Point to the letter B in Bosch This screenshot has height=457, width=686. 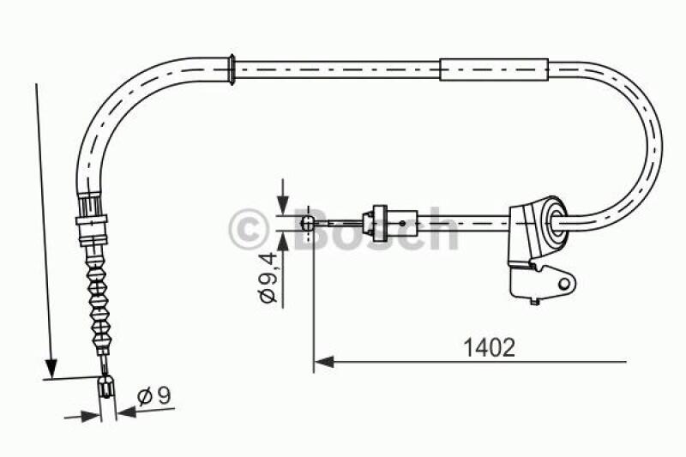click(312, 229)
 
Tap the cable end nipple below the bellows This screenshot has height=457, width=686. click(106, 387)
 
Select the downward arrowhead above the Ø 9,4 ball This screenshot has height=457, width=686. click(282, 206)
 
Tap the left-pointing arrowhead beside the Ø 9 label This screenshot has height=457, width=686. click(126, 411)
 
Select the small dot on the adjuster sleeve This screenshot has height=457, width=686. click(399, 222)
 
